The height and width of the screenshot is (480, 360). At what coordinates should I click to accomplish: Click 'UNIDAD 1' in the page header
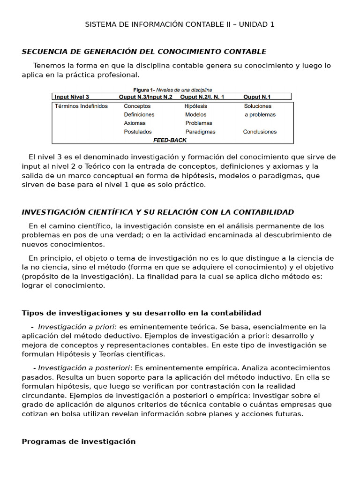tap(256, 24)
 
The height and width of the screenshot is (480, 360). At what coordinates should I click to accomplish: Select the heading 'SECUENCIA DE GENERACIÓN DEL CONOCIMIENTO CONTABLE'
tap(144, 52)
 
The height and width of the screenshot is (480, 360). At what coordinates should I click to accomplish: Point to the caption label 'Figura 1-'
tap(144, 90)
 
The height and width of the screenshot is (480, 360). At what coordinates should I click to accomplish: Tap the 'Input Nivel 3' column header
tap(72, 97)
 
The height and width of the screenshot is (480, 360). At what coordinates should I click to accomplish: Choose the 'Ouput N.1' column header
tap(257, 97)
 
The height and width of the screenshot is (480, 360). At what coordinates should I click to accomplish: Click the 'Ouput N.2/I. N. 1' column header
tap(202, 97)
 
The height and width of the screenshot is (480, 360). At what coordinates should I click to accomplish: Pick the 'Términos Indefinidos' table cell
tap(81, 106)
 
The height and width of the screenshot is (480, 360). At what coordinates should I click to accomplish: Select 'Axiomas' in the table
tap(135, 123)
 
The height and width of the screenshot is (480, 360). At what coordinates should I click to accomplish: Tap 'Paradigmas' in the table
tap(201, 132)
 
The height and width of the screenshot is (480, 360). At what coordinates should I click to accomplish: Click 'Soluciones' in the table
tap(258, 106)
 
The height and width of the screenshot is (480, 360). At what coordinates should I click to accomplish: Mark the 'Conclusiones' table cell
tap(260, 132)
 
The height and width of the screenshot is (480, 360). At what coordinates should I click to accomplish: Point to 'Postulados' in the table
tap(138, 132)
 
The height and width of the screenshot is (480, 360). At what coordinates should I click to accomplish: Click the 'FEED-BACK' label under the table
tap(170, 140)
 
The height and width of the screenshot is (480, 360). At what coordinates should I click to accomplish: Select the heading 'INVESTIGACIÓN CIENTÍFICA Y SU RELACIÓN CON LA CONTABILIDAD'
tap(158, 212)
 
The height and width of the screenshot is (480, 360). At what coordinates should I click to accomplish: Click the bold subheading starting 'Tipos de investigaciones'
tap(142, 313)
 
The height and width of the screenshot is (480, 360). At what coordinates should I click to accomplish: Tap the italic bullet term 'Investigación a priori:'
tap(78, 327)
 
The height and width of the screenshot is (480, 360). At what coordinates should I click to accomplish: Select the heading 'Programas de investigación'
tap(79, 442)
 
